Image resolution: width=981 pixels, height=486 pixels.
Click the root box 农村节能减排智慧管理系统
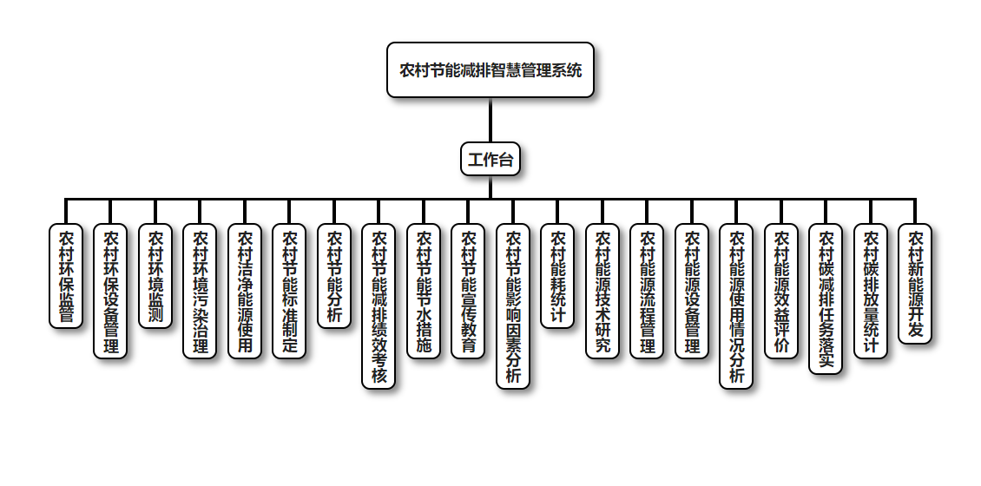tap(490, 70)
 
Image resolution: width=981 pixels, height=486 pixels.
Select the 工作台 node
tap(490, 160)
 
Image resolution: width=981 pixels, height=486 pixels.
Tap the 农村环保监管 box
tap(66, 276)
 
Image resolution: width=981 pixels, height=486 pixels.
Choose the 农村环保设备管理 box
tap(110, 291)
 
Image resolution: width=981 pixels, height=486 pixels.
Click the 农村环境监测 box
tap(155, 276)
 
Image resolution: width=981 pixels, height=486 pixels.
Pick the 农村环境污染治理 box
tap(200, 291)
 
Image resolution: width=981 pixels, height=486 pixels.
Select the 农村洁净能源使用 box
tap(245, 291)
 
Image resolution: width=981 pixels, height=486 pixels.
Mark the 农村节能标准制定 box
tap(289, 291)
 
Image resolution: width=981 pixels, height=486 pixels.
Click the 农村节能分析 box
tap(334, 276)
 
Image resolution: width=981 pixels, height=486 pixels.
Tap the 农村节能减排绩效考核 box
tap(379, 305)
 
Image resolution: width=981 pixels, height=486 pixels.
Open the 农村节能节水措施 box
tap(424, 291)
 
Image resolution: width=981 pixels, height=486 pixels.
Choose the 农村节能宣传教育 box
tap(468, 291)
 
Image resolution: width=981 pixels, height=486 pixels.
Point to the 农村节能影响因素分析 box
tap(513, 305)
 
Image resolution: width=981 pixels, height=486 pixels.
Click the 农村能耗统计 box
tap(557, 276)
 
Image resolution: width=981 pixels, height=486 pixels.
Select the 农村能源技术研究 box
tap(602, 291)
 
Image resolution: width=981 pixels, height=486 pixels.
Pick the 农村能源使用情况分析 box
tap(736, 305)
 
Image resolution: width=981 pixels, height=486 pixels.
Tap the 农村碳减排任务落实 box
tap(826, 299)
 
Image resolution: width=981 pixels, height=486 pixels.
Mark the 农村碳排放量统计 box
tap(871, 291)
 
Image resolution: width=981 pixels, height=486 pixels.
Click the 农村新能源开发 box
tap(915, 284)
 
